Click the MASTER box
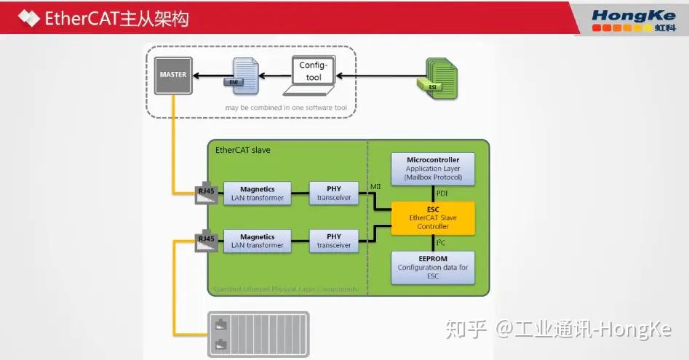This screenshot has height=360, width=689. [x=172, y=76]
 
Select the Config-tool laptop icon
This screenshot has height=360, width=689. [x=314, y=76]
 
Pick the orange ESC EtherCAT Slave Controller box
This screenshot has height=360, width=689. [x=433, y=217]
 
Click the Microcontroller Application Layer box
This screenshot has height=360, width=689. [x=433, y=168]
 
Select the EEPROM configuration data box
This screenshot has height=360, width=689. [x=433, y=268]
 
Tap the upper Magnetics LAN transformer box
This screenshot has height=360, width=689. [x=258, y=193]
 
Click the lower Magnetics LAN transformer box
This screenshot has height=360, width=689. [x=258, y=241]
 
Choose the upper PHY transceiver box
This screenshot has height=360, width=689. [x=334, y=193]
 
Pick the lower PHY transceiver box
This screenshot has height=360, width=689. [x=334, y=241]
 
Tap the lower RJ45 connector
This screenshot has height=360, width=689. [x=206, y=239]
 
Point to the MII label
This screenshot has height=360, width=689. [x=376, y=187]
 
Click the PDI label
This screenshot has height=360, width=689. [x=442, y=193]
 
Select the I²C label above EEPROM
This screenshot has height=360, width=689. [x=441, y=243]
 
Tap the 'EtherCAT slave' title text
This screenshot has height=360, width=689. [x=243, y=151]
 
